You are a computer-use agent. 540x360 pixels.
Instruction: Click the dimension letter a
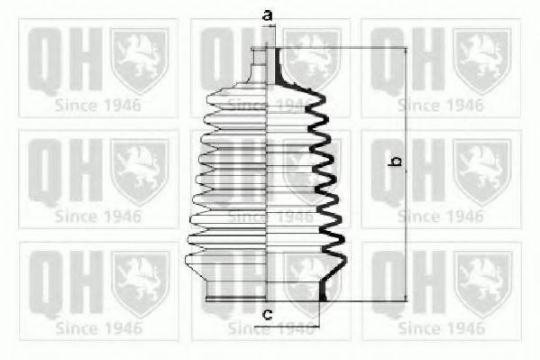[x=268, y=15]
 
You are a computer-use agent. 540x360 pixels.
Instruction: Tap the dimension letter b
[x=396, y=161]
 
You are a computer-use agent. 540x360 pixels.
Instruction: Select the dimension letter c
[x=268, y=314]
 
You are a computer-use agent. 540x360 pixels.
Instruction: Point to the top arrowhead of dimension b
[x=406, y=51]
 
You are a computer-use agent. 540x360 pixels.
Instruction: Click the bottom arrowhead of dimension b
[x=406, y=297]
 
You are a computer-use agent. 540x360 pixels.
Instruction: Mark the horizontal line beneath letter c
[x=287, y=326]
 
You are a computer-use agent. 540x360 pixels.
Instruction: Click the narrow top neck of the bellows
[x=258, y=65]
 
